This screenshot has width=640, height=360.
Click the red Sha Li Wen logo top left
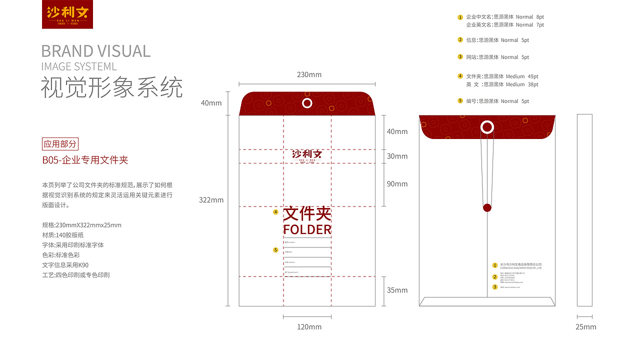(x=67, y=14)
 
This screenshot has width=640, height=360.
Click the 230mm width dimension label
(x=309, y=75)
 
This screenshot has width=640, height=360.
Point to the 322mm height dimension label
(x=211, y=200)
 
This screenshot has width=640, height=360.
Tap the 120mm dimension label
(x=309, y=327)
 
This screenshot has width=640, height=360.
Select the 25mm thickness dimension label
(x=585, y=327)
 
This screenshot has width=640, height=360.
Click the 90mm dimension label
(x=397, y=184)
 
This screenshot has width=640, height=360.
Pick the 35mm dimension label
(x=397, y=290)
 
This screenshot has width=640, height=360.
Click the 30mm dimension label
(x=397, y=156)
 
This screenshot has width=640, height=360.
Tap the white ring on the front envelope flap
(x=307, y=103)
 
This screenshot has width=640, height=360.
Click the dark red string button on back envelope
(x=487, y=207)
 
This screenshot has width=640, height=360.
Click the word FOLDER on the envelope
(x=307, y=229)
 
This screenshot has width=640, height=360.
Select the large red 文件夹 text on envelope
(x=307, y=214)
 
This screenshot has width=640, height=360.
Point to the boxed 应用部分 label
(x=60, y=144)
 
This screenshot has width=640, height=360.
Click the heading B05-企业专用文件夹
(x=85, y=160)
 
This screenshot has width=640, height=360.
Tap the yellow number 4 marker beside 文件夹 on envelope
(x=275, y=212)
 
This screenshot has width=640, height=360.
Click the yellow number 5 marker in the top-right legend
(x=460, y=100)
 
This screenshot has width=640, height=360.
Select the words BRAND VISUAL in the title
(x=95, y=51)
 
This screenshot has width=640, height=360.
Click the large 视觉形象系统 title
(x=111, y=87)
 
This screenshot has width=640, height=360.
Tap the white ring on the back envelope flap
(x=487, y=127)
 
